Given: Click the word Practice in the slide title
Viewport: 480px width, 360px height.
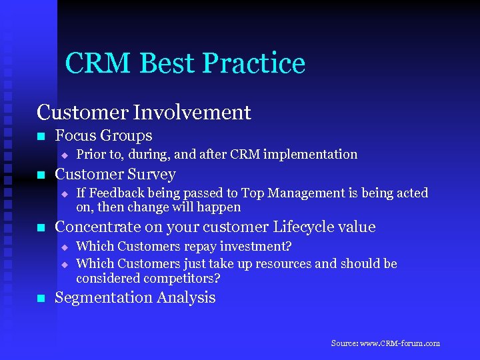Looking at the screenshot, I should (x=253, y=63).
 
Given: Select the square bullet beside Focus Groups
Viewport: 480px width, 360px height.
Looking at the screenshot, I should (x=41, y=137).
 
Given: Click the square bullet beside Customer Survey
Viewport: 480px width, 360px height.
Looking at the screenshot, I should (x=41, y=175).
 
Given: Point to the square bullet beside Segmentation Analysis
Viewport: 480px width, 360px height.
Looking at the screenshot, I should (x=41, y=299).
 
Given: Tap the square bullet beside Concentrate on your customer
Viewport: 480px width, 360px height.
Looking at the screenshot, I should (x=41, y=228).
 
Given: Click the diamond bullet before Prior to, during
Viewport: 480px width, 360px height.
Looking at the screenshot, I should (x=65, y=155).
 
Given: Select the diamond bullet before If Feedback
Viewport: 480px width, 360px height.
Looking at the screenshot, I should (x=65, y=194).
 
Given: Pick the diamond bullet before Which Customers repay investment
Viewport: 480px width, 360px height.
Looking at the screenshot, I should (x=65, y=247).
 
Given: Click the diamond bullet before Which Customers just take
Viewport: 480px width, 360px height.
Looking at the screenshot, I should (x=65, y=265).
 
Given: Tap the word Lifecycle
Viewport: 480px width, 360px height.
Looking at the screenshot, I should (x=300, y=227).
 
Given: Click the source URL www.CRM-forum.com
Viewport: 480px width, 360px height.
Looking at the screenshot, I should (x=399, y=343).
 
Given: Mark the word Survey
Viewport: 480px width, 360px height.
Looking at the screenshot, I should (x=151, y=175).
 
